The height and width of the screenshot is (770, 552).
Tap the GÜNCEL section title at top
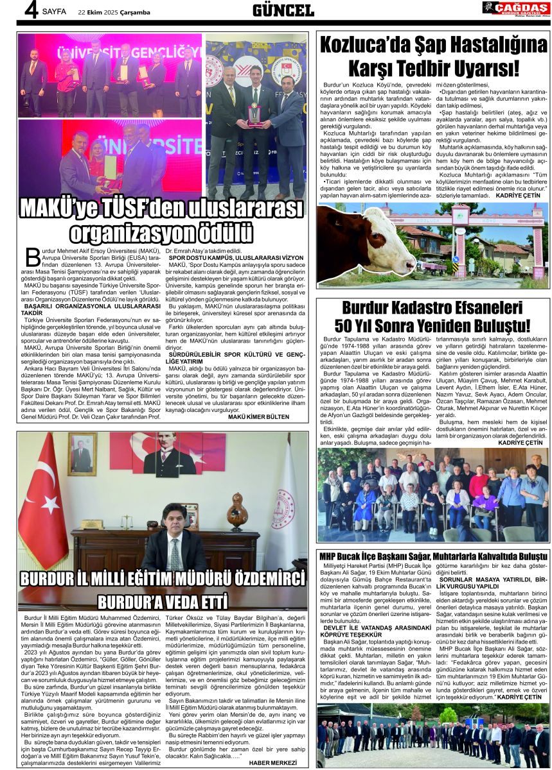click(283, 10)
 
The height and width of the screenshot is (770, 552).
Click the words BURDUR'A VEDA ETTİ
click(163, 603)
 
